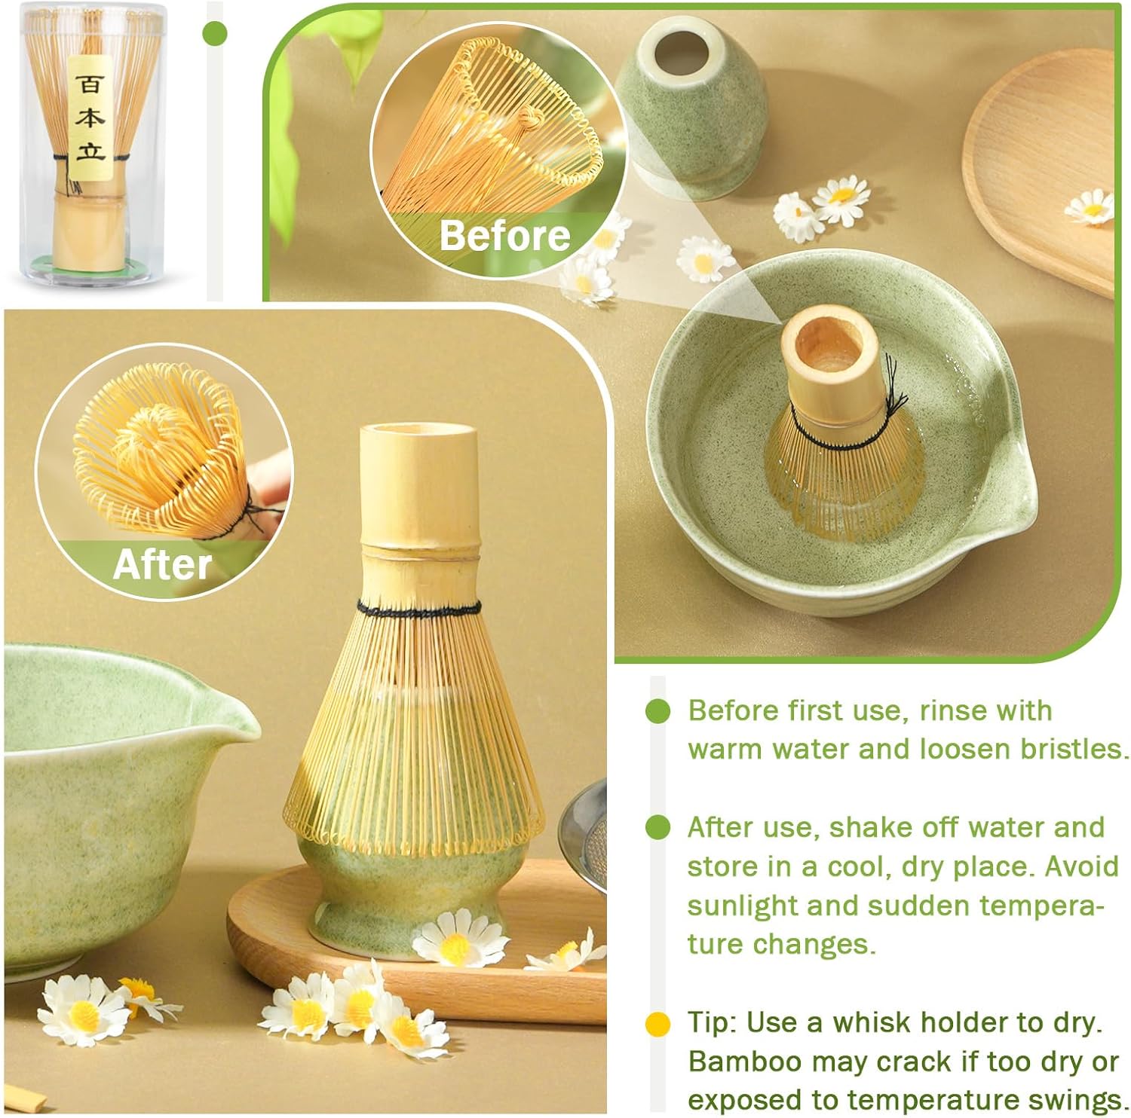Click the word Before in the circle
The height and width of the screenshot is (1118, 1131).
coord(504,235)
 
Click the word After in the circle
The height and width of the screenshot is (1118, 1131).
coord(162,564)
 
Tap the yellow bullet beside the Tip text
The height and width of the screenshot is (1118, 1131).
coord(658,1024)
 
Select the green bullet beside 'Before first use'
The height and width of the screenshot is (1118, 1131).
coord(658,710)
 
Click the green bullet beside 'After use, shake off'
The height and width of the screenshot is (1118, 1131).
coord(658,827)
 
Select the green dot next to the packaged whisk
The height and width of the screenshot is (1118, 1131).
coord(216,32)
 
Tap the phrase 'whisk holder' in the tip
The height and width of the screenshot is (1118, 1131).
coord(920,1023)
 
